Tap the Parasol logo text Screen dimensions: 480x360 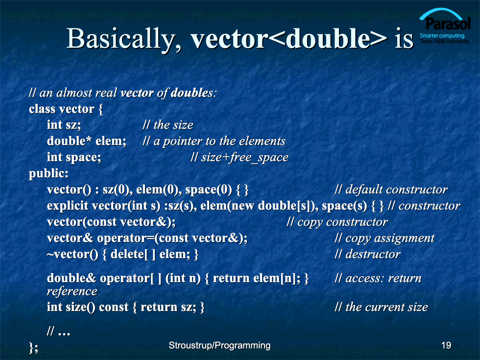(448, 24)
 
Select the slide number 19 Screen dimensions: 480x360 (446, 345)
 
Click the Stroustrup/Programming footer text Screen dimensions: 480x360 (219, 346)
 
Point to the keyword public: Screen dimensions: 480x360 (48, 173)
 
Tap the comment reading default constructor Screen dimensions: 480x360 (396, 190)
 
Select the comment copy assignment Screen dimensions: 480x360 (390, 238)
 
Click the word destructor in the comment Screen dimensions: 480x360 (373, 254)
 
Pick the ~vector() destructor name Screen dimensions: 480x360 (72, 254)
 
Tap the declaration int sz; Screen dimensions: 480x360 (64, 125)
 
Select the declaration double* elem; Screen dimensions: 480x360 (86, 141)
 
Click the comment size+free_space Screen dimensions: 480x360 (244, 157)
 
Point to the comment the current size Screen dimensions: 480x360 (386, 307)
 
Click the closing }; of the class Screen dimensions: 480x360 (33, 348)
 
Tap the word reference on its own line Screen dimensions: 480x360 (72, 291)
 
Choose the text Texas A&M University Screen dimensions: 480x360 (444, 41)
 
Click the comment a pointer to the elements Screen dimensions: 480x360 (219, 141)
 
